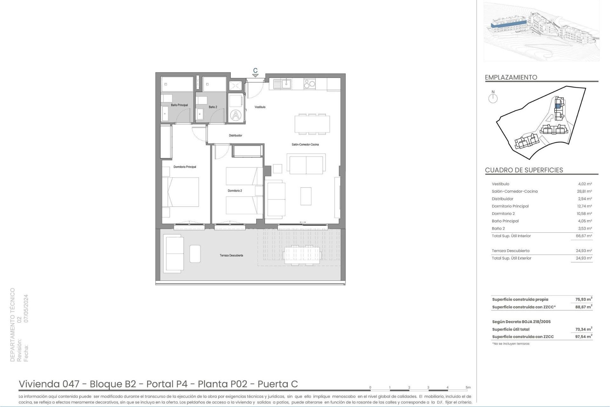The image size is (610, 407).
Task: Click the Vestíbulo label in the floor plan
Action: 260,107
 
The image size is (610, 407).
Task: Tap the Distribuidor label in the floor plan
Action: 235,135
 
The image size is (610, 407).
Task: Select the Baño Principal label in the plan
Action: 179,105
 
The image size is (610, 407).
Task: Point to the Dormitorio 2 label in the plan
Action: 235,191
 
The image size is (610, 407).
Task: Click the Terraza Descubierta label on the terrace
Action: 231,255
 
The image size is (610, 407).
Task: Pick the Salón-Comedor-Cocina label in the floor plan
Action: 305,145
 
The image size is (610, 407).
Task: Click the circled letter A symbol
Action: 235,115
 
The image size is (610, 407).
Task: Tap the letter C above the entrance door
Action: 255,71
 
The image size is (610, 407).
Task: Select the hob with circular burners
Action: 309,84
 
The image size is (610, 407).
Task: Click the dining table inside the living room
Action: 312,124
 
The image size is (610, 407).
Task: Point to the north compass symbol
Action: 493,98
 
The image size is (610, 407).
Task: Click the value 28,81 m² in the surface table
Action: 584,191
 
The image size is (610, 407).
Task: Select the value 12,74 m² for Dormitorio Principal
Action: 584,206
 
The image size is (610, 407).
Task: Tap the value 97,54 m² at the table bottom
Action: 583,337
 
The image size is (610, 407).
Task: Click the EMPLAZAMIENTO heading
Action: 511,77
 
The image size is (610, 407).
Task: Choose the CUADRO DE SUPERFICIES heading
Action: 524,170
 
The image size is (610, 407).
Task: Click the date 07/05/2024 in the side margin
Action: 26,308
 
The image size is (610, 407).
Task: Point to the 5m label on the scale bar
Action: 468,387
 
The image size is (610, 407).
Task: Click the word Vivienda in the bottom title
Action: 39,384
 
